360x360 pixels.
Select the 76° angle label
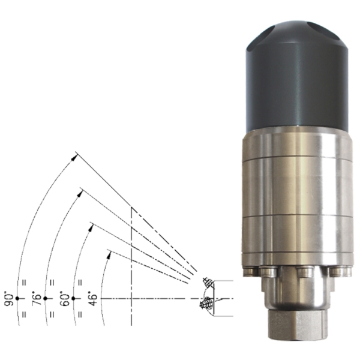pos(36,298)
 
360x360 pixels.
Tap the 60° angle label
pos(64,298)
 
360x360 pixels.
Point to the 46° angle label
pos(93,298)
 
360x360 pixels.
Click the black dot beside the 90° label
pos(17,298)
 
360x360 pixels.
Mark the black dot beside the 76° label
pos(45,298)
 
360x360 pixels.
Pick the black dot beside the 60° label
pos(73,298)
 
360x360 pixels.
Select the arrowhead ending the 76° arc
pos(80,194)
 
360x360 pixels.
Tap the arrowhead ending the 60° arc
pos(91,228)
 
